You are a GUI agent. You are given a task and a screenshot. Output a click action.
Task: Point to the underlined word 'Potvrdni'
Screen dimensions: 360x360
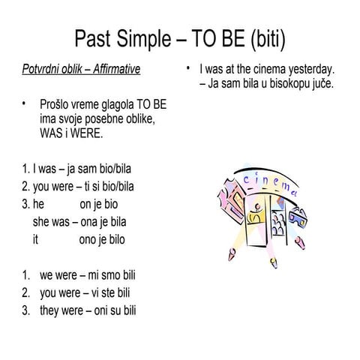coord(42,70)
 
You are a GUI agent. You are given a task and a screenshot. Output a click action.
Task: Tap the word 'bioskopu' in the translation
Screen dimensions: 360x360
coord(277,84)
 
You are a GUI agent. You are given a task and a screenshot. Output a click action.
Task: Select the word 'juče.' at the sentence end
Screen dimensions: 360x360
coord(316,84)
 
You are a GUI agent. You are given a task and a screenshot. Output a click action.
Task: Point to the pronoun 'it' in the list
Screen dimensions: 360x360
coord(35,240)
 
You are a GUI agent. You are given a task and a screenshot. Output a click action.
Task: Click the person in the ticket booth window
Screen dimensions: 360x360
coord(254,216)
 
